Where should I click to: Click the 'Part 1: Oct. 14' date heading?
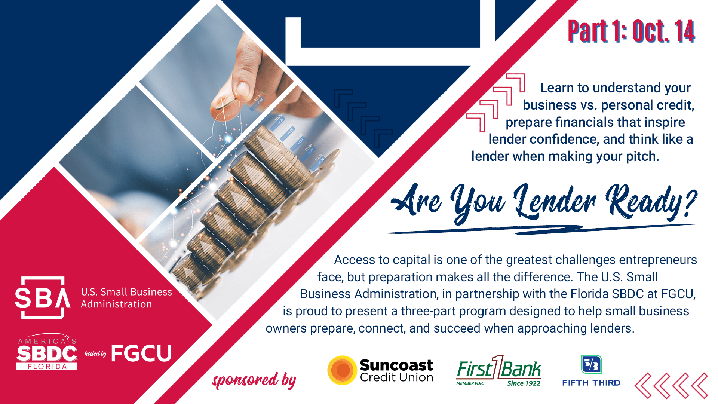click(x=631, y=31)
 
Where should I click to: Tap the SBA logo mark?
click(x=43, y=298)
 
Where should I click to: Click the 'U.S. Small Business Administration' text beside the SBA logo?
click(x=126, y=298)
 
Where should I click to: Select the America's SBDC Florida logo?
click(x=47, y=352)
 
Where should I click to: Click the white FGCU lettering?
click(x=141, y=353)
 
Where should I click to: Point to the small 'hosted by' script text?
click(x=95, y=353)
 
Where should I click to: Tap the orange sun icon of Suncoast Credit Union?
click(x=342, y=370)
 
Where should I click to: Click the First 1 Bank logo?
click(x=498, y=370)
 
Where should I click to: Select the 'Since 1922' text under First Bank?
click(x=524, y=383)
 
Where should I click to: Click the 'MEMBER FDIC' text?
click(x=470, y=383)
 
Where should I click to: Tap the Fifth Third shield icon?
click(x=591, y=364)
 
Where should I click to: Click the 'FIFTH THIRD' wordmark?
click(x=591, y=383)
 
